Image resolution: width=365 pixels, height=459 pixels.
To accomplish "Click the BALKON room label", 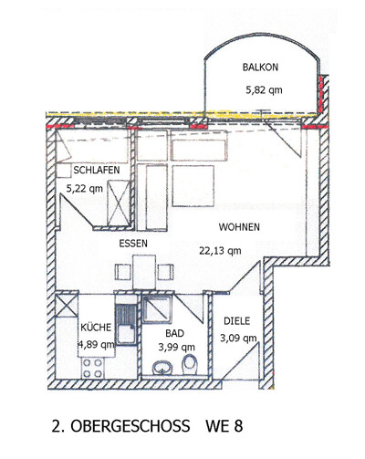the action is pos(260,67).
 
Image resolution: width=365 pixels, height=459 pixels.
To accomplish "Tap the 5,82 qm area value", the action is pos(264,90).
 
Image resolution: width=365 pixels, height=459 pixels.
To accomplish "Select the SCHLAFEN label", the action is pos(97,170).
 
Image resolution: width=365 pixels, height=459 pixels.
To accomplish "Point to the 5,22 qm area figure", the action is pos(85,189).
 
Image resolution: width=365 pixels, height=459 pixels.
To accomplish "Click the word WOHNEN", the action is pos(239,227).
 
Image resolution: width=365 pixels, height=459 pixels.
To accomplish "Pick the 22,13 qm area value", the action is pos(220,251).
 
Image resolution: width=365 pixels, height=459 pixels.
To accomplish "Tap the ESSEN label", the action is pos(133,244).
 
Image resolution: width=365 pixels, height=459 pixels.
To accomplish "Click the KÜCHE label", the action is pos(96,328).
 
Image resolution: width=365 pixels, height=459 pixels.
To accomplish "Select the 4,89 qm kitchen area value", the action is pos(97,345).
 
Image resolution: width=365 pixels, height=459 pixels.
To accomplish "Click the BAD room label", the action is pos(175,333).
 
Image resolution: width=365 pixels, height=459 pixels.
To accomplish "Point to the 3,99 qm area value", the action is pos(176,347).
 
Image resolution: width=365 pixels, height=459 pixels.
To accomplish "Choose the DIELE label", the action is pos(237,321).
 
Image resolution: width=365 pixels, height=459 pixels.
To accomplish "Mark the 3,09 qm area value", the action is pos(238,338).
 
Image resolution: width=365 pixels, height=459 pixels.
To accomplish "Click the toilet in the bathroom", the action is pos(190,365).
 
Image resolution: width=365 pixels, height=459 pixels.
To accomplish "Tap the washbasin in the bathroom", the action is pos(162,368).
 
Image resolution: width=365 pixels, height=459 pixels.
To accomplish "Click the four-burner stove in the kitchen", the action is pos(93,368).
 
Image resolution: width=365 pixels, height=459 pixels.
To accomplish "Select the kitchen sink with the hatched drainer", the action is pos(126,325).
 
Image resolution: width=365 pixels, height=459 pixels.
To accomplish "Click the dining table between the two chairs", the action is pos(144,272).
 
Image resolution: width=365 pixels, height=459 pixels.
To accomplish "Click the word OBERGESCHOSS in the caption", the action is pos(130,426).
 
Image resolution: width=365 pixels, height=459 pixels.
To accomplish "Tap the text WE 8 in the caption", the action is pos(224,426).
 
